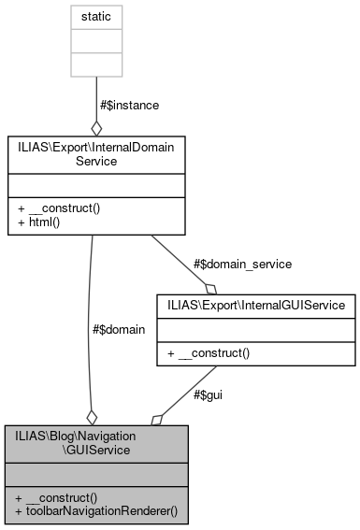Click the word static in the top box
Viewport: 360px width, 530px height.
tap(95, 18)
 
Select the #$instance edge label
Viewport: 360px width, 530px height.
tap(128, 106)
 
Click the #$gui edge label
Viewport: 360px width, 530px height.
tap(208, 394)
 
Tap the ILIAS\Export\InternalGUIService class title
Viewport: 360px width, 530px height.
tap(257, 304)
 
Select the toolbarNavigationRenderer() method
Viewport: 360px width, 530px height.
tap(96, 512)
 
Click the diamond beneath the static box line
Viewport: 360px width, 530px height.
tap(95, 127)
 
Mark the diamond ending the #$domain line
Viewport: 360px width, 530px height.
tap(92, 416)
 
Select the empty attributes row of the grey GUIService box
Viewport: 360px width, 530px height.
tap(95, 474)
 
